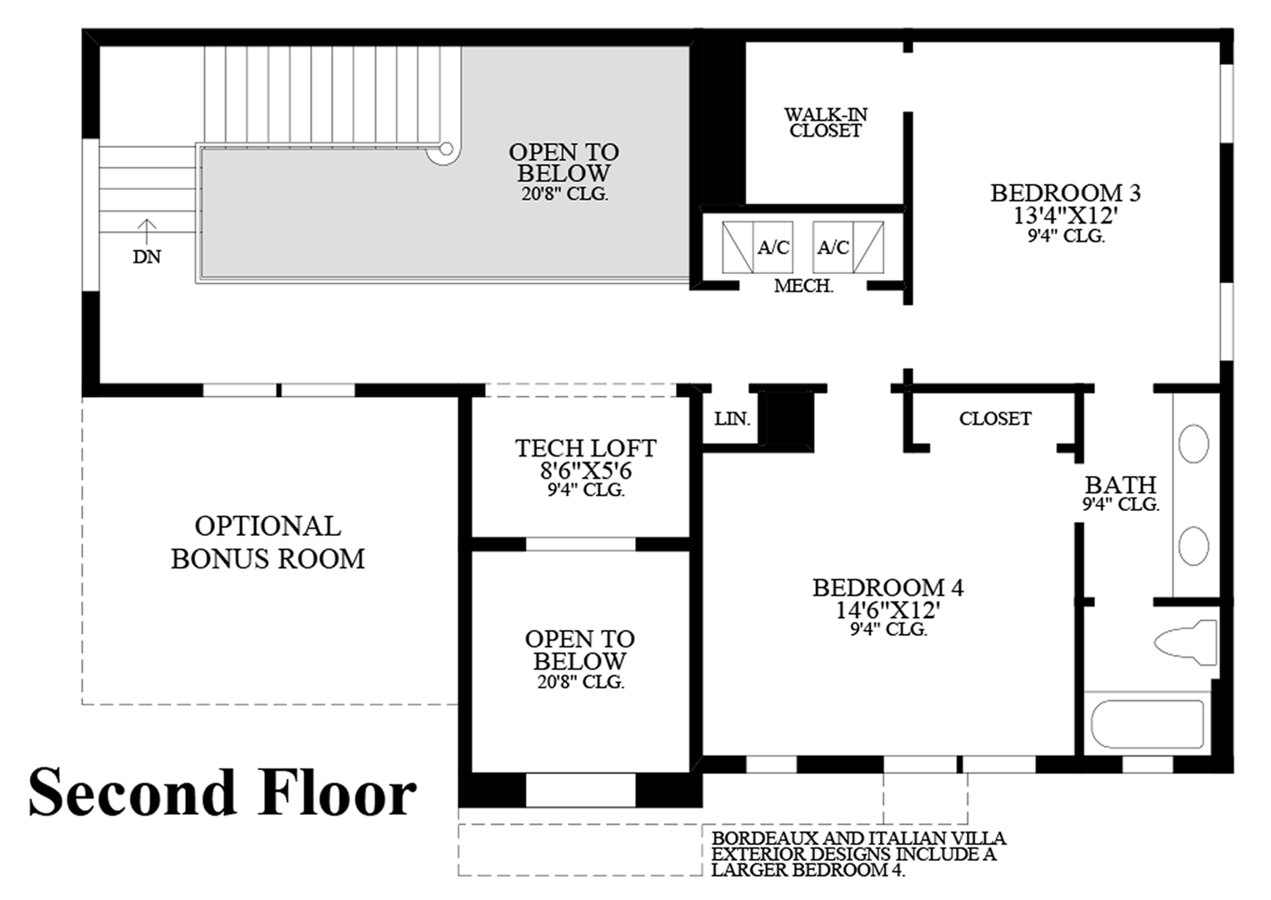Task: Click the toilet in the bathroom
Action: click(1187, 642)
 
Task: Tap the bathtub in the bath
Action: click(1148, 724)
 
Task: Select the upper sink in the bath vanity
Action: click(1193, 444)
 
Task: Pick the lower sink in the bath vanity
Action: click(1193, 546)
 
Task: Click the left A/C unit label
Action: click(773, 247)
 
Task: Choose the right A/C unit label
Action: click(833, 247)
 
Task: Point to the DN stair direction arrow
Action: click(147, 232)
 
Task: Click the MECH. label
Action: click(804, 286)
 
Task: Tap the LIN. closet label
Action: click(732, 419)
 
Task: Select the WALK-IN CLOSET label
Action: click(826, 122)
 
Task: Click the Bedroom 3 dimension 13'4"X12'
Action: click(1066, 216)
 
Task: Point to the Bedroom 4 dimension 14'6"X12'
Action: click(888, 610)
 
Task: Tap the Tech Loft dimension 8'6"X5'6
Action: click(586, 471)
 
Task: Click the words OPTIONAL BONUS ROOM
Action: click(268, 542)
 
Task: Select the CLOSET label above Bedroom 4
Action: click(995, 419)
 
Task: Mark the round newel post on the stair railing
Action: click(447, 148)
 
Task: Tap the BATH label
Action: click(1121, 485)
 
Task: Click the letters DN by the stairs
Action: click(147, 257)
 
